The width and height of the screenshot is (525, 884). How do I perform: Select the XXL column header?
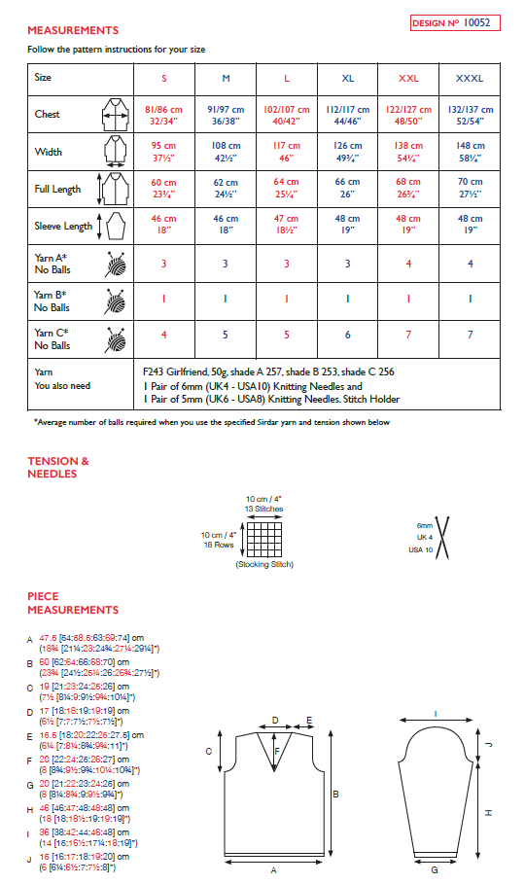pos(409,77)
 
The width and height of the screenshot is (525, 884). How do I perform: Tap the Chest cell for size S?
pos(163,115)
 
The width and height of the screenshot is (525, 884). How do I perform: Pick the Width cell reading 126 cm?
pos(347,152)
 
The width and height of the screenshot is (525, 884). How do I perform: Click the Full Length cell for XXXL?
pos(470,188)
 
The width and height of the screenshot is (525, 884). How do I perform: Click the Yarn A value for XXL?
pos(409,264)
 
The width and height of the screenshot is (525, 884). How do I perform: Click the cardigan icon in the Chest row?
pos(115,116)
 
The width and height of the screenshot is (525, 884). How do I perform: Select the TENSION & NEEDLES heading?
pos(58,468)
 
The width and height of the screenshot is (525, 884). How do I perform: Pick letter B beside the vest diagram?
pos(335,795)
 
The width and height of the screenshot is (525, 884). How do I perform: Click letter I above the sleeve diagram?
pos(435,715)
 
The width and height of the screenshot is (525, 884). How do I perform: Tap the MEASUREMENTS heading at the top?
pos(73,30)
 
